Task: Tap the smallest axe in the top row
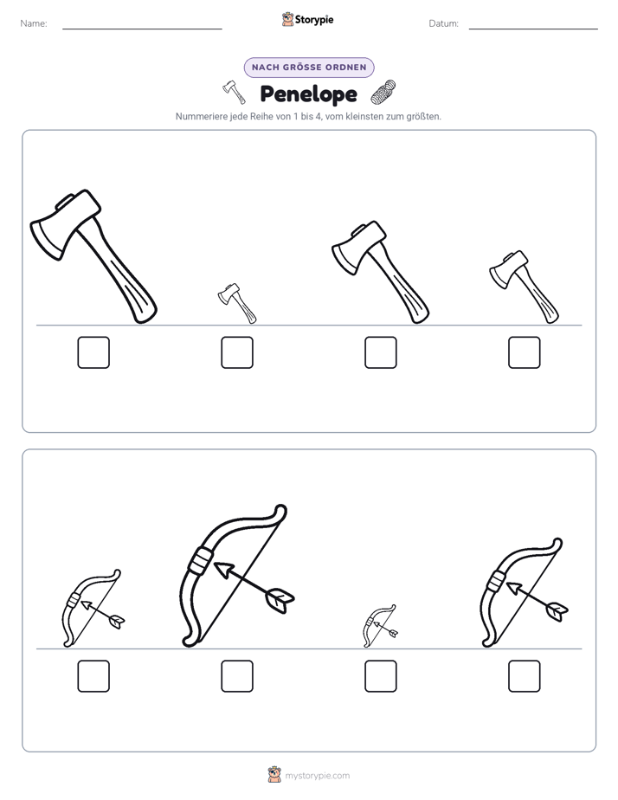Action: point(236,303)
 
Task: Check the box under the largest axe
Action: point(93,352)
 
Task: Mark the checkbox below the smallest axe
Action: point(237,352)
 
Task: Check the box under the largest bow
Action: point(237,676)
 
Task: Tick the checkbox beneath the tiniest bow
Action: point(380,676)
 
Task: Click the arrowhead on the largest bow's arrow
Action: point(223,570)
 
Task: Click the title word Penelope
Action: point(308,94)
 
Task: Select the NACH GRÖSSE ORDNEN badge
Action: point(309,68)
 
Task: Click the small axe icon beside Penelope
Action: point(234,92)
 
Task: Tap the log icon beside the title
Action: point(383,93)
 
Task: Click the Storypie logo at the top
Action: point(307,19)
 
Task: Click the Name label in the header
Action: point(34,23)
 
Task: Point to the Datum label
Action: point(444,23)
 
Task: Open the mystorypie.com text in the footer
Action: point(317,776)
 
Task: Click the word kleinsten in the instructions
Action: point(364,116)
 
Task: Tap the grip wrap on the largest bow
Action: point(200,561)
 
